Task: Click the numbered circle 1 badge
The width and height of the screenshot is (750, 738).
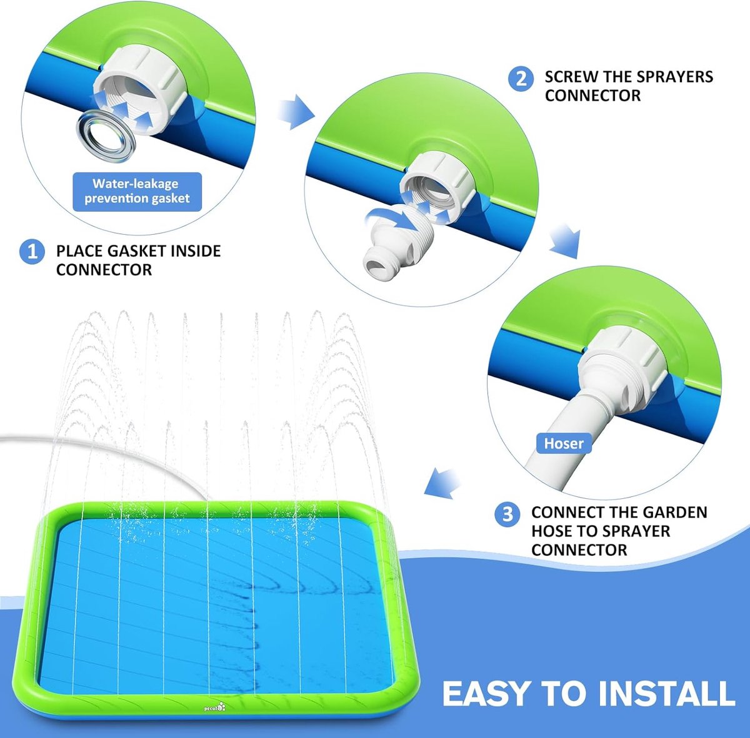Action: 32,252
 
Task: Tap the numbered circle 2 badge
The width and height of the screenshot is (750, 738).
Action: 521,79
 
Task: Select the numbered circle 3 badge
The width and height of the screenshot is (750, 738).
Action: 507,514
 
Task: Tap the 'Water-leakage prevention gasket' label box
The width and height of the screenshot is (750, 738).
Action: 137,192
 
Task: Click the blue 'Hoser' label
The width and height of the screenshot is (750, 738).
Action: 564,443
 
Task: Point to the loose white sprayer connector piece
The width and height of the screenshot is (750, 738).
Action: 398,241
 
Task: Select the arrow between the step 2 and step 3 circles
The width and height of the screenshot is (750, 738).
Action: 566,240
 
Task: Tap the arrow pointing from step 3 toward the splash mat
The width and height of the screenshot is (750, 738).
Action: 442,483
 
